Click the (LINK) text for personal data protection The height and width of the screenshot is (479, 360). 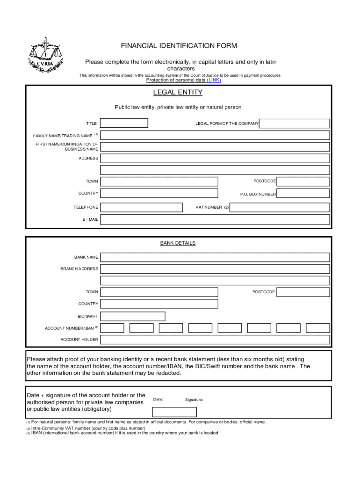click(214, 80)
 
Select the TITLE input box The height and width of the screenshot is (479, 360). click(124, 123)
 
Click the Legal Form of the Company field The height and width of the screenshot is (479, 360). click(295, 123)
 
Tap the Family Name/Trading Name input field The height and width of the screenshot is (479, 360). click(215, 135)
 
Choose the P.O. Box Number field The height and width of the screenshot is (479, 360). click(303, 194)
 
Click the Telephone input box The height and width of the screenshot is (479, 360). click(142, 207)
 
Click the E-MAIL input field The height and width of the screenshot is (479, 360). click(215, 219)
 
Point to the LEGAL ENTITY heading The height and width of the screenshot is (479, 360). click(178, 93)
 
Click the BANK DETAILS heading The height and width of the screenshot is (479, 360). click(178, 243)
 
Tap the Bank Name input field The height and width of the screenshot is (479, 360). click(215, 257)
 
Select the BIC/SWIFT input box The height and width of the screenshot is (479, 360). click(133, 316)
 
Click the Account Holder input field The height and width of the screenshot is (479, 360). click(215, 339)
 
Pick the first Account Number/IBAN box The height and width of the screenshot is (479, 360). click(112, 328)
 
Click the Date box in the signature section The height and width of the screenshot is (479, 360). click(174, 412)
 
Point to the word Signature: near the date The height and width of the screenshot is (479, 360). click(194, 400)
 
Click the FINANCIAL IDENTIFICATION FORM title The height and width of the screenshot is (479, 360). click(179, 46)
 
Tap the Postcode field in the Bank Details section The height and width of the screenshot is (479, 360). click(303, 292)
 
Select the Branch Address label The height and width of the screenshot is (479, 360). click(79, 269)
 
